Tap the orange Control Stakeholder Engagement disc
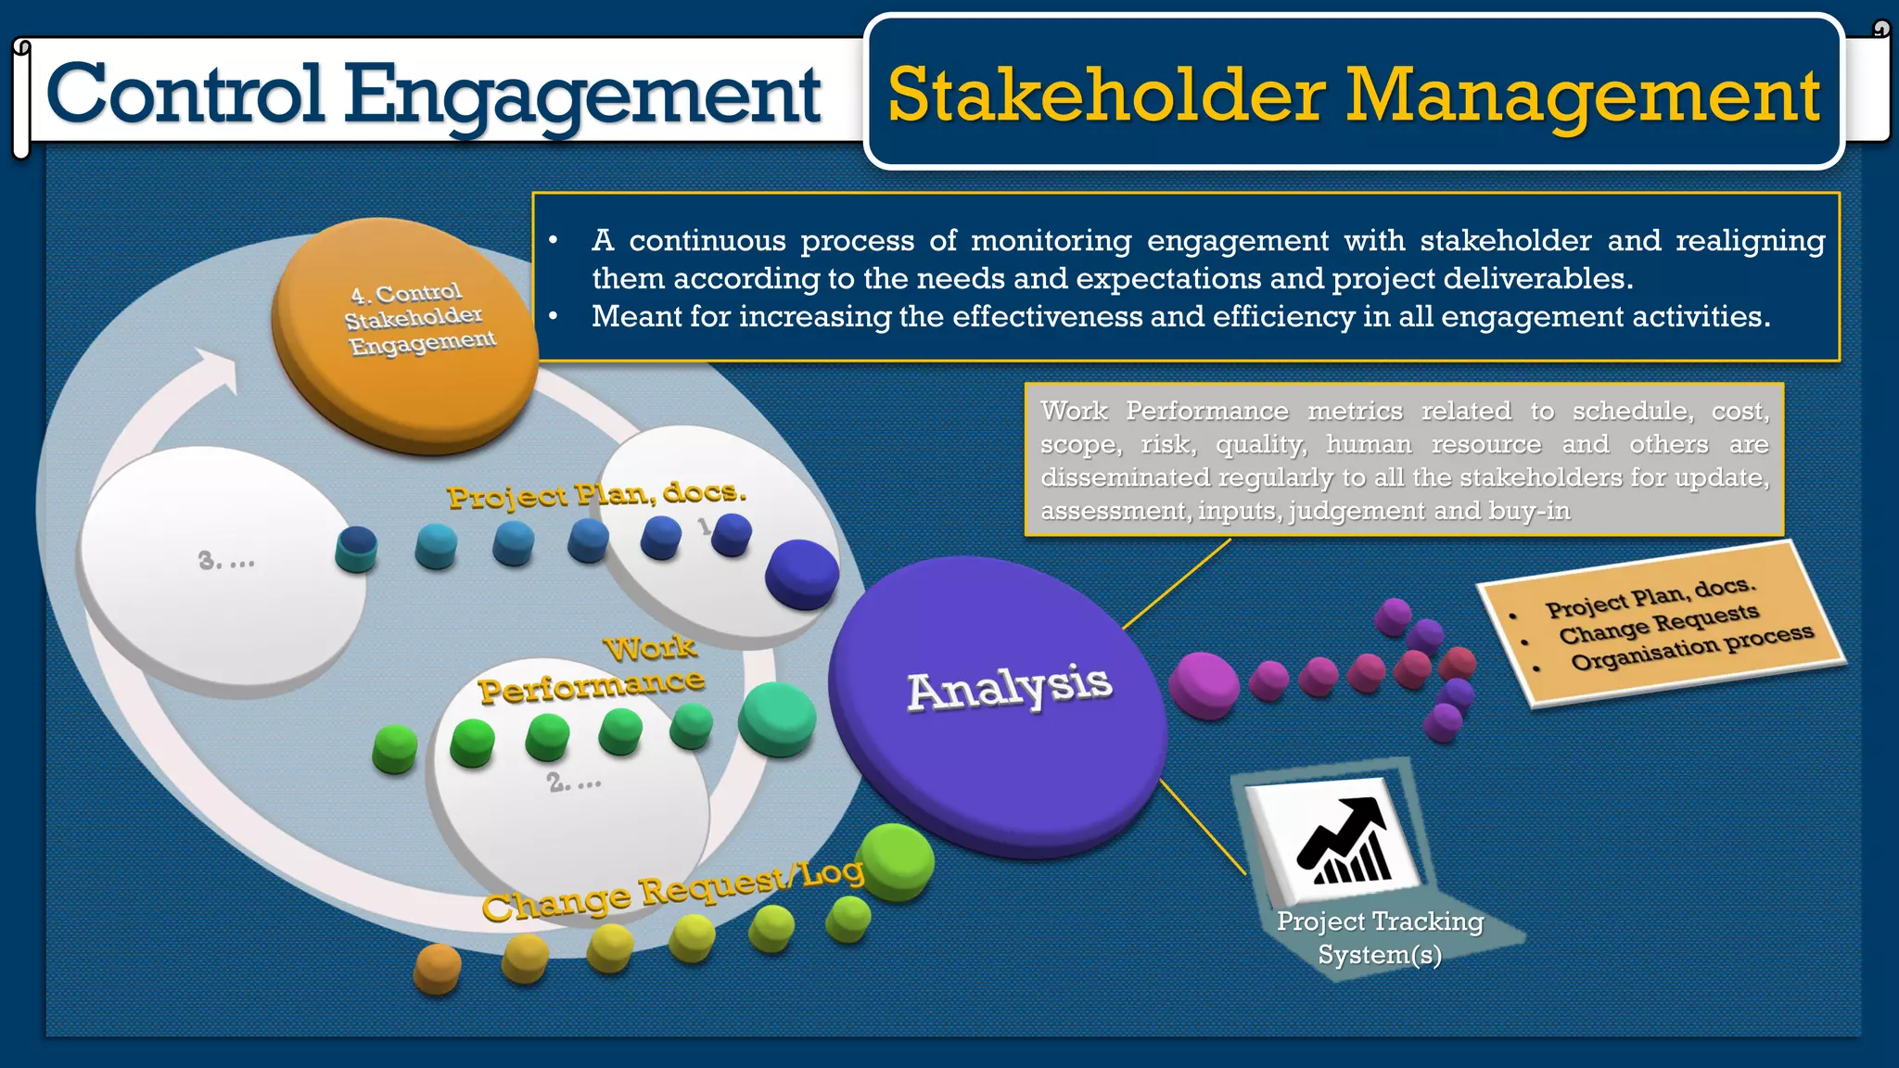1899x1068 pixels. [405, 334]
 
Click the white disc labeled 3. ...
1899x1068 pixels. [223, 561]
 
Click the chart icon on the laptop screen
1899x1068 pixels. [1344, 841]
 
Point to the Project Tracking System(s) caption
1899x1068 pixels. [1380, 937]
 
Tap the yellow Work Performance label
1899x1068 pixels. [593, 672]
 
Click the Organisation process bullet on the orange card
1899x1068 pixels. [1691, 648]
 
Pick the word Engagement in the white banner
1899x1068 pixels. [582, 95]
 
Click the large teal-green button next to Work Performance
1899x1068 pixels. [777, 718]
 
